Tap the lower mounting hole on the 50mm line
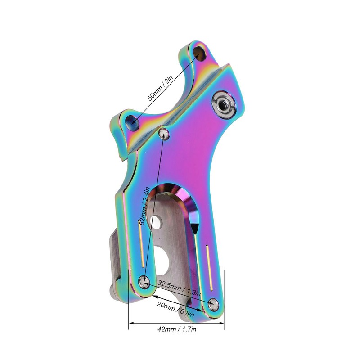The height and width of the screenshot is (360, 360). (132, 120)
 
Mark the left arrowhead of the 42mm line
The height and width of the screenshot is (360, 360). (131, 323)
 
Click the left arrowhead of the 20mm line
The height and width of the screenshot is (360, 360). (154, 296)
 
